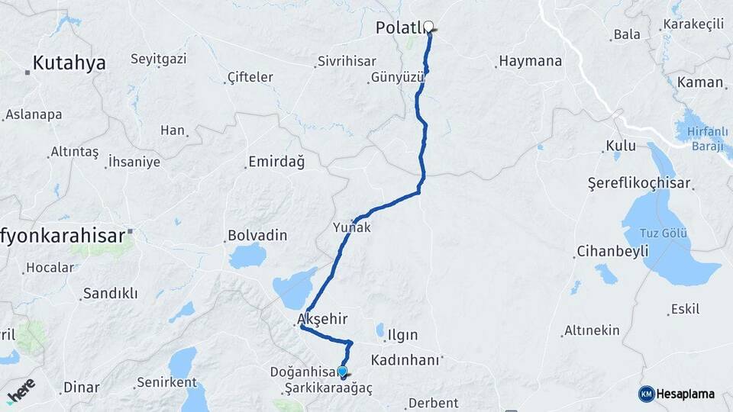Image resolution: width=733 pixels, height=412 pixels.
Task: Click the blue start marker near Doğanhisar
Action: point(343,372)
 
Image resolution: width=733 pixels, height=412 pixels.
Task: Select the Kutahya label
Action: point(69,63)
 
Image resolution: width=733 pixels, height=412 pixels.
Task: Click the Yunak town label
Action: point(352,227)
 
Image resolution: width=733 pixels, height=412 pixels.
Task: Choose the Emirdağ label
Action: point(276,163)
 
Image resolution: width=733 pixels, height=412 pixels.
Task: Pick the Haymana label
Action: point(531,61)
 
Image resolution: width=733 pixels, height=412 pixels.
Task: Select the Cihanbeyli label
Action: point(612,251)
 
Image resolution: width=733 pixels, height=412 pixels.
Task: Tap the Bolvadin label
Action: point(257,236)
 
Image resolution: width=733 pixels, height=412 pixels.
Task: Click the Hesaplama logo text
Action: point(684,394)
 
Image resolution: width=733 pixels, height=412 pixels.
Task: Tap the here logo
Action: point(21,393)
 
